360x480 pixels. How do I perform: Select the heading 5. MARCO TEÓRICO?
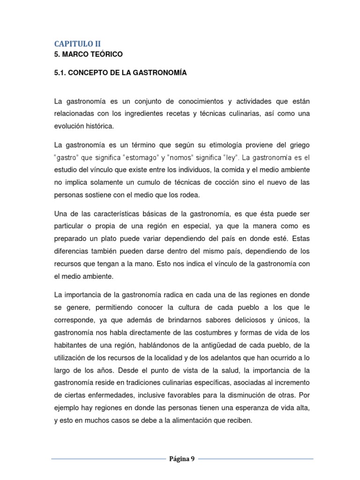(x=88, y=54)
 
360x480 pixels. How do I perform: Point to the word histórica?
(x=99, y=126)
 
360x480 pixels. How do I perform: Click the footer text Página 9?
(x=182, y=459)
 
